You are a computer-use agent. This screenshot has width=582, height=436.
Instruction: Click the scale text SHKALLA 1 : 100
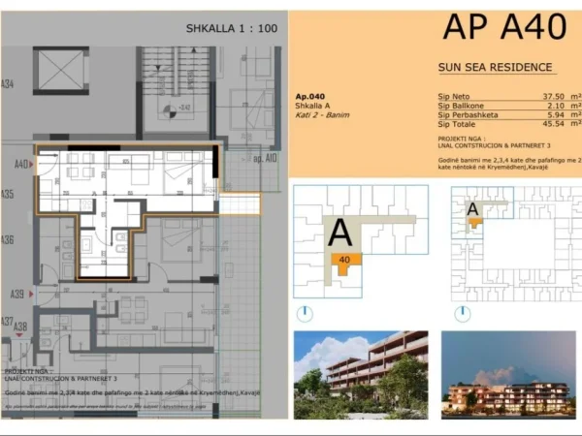(231, 28)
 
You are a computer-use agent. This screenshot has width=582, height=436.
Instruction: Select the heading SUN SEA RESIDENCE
(496, 67)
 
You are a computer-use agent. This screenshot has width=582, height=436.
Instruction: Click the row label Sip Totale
(458, 124)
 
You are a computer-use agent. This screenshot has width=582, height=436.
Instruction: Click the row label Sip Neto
(454, 97)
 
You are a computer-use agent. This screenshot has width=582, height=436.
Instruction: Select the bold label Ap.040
(308, 97)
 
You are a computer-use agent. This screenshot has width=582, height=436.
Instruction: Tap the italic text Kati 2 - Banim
(322, 115)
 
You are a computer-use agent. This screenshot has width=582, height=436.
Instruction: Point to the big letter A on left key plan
(339, 233)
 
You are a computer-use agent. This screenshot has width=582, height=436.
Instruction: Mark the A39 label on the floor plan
(16, 294)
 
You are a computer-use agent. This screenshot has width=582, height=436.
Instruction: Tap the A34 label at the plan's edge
(8, 84)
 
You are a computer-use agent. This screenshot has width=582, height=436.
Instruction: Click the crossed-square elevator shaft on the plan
(61, 71)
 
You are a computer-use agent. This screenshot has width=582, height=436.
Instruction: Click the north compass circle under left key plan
(307, 313)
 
